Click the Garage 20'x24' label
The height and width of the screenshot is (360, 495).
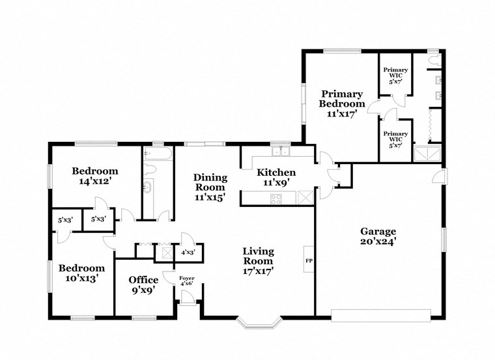point(378,236)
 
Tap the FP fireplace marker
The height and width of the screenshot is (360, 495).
point(308,260)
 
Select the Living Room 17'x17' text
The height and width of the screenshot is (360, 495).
point(258,260)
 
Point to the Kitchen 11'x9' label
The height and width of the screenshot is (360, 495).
point(276,178)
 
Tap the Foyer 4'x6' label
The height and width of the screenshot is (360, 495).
point(187,281)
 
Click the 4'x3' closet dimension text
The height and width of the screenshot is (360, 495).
point(188,252)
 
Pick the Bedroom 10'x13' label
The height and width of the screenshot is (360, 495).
point(82,273)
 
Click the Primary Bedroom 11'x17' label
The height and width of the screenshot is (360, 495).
point(341,102)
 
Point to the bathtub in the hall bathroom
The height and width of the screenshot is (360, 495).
point(157,154)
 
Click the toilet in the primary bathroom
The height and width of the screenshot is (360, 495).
point(433,61)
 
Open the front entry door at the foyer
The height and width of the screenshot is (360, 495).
point(188,299)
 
